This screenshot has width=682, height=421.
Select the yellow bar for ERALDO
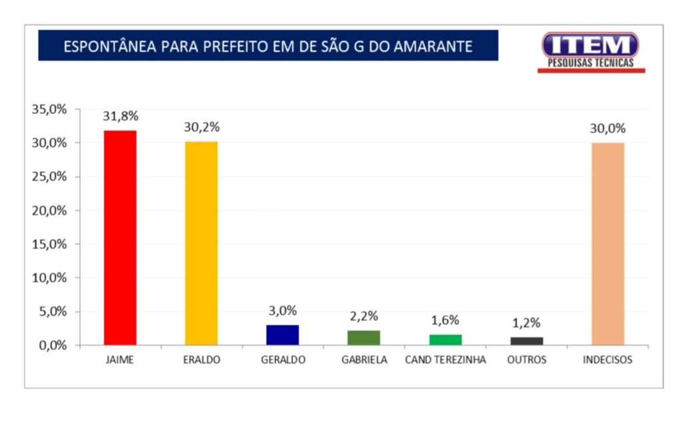click(201, 243)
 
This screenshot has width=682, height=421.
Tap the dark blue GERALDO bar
click(282, 334)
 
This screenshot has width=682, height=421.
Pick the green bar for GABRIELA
click(364, 337)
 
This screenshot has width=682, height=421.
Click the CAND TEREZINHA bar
click(445, 339)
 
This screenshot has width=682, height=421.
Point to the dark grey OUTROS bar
click(526, 340)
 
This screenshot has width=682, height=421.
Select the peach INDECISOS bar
click(607, 244)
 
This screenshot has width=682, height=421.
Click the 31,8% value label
click(120, 116)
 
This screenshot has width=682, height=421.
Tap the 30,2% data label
click(201, 127)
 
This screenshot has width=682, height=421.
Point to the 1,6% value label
click(445, 320)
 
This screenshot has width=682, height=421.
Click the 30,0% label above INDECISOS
click(607, 129)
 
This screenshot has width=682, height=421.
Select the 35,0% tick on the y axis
click(50, 109)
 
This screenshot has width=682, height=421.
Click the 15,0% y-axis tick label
click(50, 244)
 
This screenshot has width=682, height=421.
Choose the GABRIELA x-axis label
click(364, 360)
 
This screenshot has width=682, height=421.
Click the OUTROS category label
click(526, 360)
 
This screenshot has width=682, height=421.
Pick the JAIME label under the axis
click(120, 360)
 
